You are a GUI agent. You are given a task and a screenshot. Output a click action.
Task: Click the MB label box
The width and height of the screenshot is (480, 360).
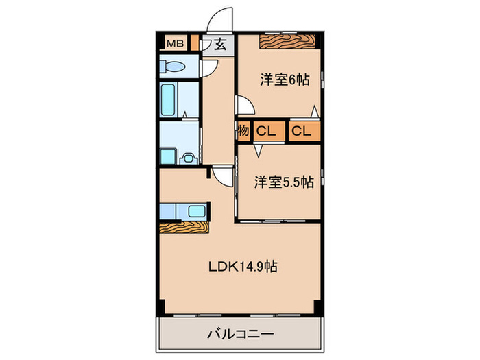[176, 43]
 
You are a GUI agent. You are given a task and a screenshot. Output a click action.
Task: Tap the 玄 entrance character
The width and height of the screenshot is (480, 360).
[220, 45]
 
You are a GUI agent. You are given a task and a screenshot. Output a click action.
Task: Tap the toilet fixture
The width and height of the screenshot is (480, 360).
[174, 67]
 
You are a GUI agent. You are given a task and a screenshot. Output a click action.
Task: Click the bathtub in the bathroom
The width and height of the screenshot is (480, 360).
[169, 100]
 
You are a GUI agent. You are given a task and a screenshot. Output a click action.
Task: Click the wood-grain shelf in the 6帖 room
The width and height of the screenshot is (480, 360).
[288, 42]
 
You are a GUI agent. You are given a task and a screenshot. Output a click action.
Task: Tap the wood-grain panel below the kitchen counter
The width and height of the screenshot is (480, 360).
[184, 228]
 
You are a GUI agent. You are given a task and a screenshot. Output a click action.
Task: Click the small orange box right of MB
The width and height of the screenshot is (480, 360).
[195, 43]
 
